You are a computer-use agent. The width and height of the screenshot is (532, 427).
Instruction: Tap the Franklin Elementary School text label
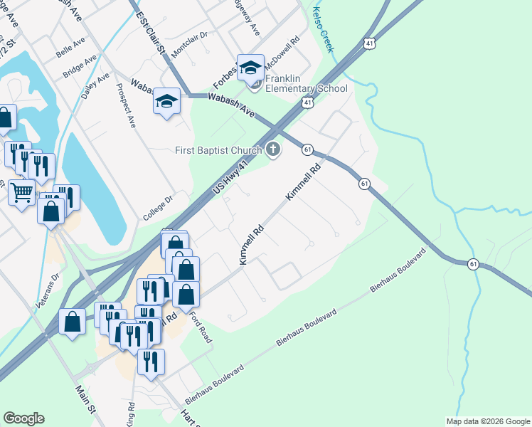tap(307, 83)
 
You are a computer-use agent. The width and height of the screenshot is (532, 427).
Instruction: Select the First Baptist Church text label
tap(218, 150)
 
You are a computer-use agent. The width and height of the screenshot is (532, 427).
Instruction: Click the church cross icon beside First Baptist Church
tap(273, 149)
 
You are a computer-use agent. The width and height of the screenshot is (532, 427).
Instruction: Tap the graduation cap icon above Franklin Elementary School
tap(250, 67)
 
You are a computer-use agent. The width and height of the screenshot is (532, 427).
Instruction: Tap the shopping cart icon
tap(21, 191)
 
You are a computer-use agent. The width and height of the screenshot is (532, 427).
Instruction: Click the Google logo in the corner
tap(23, 418)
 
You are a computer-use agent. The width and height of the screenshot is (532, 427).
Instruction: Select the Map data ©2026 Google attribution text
tap(488, 421)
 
